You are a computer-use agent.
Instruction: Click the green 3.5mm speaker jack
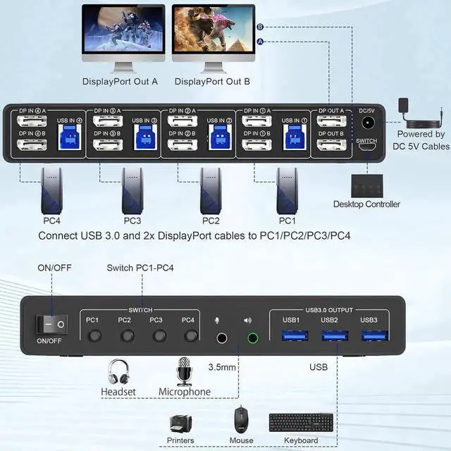click(253, 338)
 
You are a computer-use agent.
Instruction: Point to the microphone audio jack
click(222, 338)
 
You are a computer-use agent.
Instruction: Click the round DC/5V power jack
click(366, 123)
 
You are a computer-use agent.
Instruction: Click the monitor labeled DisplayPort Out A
click(123, 32)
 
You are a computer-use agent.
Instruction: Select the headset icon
click(118, 372)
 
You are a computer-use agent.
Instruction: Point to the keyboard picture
click(301, 423)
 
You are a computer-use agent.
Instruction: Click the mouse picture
click(241, 421)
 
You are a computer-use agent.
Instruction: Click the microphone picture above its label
click(185, 371)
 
